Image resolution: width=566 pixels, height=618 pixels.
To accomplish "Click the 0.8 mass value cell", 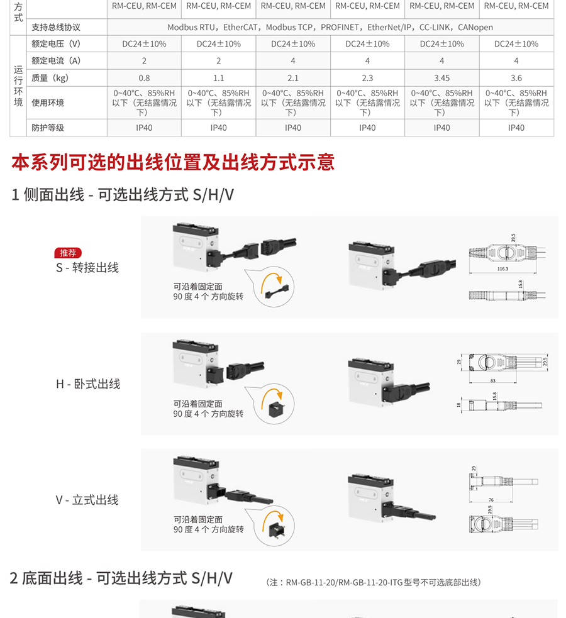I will pyautogui.click(x=144, y=79).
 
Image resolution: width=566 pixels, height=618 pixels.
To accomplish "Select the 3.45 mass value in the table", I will pyautogui.click(x=441, y=79).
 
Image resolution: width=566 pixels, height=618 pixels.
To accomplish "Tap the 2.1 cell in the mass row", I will pyautogui.click(x=293, y=79).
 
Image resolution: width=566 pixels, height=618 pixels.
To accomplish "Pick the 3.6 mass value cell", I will pyautogui.click(x=516, y=79).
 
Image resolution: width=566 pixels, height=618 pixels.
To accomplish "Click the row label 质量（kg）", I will pyautogui.click(x=50, y=79).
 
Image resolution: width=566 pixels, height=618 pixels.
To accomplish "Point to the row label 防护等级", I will pyautogui.click(x=48, y=128).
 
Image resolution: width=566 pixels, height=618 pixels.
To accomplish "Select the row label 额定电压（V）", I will pyautogui.click(x=57, y=44).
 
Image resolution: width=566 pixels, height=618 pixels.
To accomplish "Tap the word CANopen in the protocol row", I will pyautogui.click(x=475, y=28).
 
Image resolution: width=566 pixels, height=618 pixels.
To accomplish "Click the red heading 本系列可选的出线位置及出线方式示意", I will pyautogui.click(x=173, y=162).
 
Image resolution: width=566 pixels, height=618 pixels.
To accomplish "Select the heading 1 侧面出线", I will pyautogui.click(x=48, y=195).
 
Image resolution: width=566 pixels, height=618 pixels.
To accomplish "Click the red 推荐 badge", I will pyautogui.click(x=67, y=253).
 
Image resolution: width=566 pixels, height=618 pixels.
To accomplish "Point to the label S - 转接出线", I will pyautogui.click(x=87, y=268).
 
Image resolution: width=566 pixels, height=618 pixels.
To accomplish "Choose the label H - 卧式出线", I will pyautogui.click(x=87, y=384).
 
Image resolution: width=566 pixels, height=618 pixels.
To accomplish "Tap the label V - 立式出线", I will pyautogui.click(x=87, y=500).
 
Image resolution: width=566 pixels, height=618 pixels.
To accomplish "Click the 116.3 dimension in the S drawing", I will pyautogui.click(x=502, y=269).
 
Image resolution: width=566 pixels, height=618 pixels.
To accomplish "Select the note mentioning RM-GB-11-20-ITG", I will pyautogui.click(x=374, y=583).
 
